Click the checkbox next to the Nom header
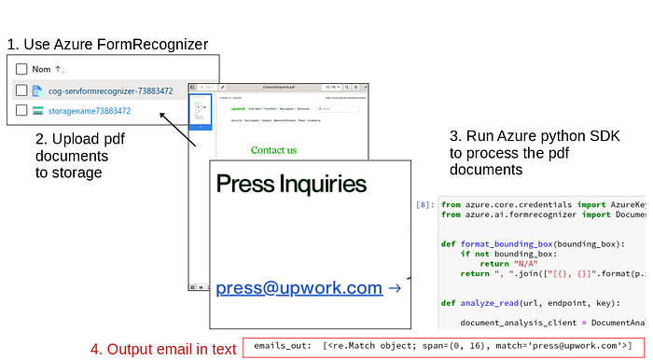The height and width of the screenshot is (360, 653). (21, 69)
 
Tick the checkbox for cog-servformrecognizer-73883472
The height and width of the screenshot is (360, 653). (21, 90)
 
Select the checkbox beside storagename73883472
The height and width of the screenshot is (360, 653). (21, 111)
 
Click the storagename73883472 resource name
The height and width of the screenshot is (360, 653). (90, 111)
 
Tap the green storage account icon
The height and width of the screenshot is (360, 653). (38, 111)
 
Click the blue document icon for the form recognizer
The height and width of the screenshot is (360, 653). (38, 90)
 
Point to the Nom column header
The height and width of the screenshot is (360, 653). (41, 69)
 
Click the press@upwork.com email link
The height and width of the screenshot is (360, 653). (299, 288)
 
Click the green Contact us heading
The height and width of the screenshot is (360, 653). (273, 149)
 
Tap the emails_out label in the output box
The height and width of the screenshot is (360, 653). (282, 346)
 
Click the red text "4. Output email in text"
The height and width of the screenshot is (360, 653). (163, 349)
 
